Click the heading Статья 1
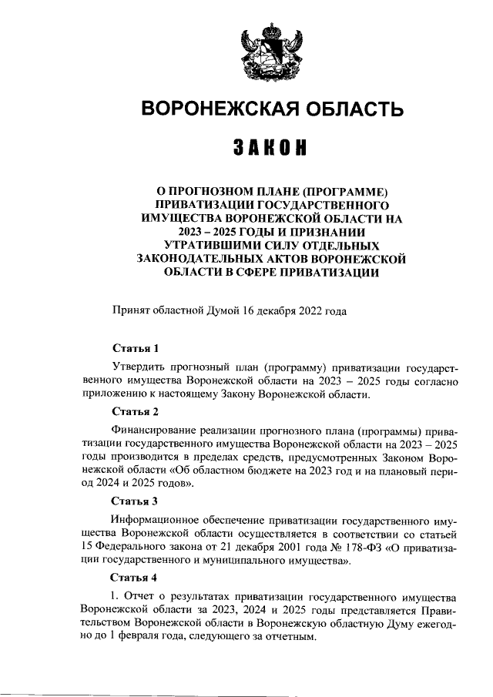click(134, 348)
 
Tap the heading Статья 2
click(134, 411)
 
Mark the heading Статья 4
click(134, 577)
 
